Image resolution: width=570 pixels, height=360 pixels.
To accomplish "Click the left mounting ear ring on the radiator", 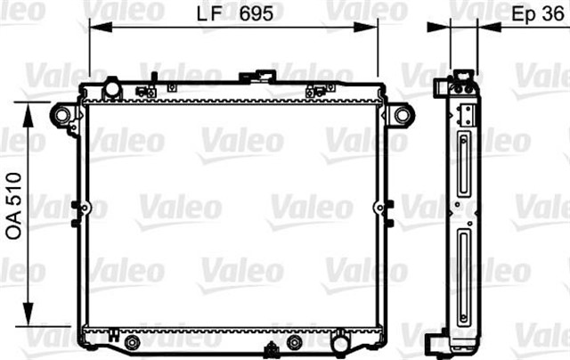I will [x=61, y=114].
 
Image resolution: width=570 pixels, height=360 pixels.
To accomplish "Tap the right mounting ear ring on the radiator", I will [x=402, y=114].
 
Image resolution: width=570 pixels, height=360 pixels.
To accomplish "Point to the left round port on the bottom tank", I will [x=132, y=342].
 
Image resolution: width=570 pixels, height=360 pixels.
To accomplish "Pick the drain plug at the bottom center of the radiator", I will [x=296, y=342].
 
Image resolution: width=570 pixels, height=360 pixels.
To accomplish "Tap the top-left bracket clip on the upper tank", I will [x=145, y=90].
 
